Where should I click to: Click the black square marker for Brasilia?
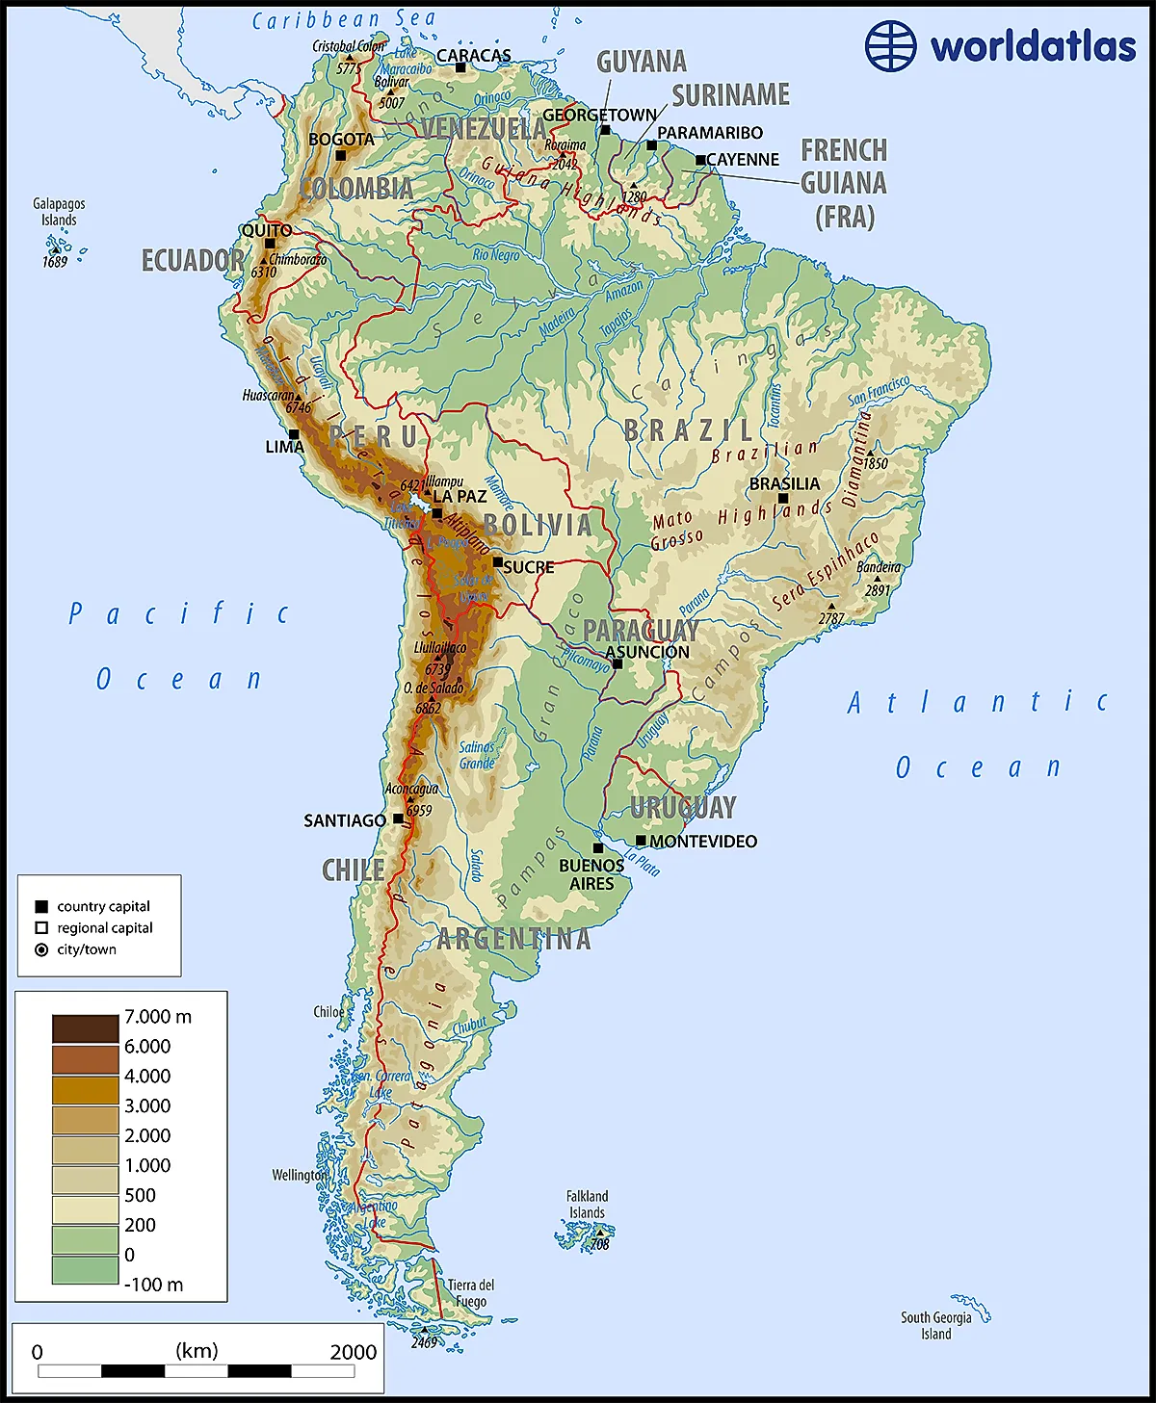pos(783,499)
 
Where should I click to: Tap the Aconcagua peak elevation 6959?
pos(419,811)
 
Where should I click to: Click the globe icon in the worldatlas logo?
pos(890,45)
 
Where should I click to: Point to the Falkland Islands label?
pos(587,1205)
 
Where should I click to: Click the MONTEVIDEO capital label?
pos(703,842)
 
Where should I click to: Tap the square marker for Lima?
pos(295,434)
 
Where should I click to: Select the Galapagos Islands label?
pos(59,212)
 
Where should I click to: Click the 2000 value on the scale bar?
pos(353,1352)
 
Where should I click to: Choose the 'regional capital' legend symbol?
pos(41,928)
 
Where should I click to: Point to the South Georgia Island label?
pos(935,1325)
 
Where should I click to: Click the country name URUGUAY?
pos(683,807)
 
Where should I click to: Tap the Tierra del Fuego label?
pos(470,1293)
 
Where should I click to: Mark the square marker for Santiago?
pos(398,819)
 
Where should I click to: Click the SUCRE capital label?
pos(528,567)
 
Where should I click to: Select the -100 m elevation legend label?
pos(153,1285)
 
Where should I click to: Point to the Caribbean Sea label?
pos(344,19)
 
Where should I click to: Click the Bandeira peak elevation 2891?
pos(877,590)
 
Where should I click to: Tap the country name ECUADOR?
pos(193,260)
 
